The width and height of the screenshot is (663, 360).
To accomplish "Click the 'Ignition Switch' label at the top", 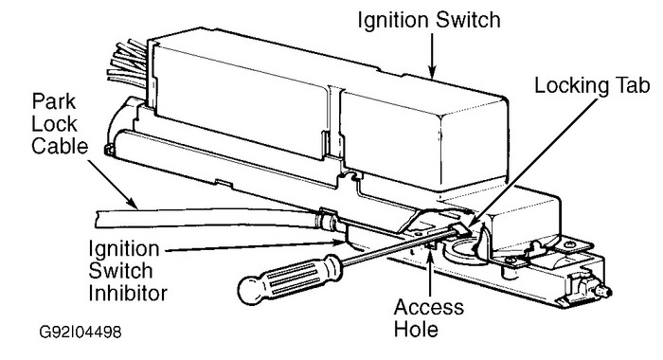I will click(431, 20).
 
